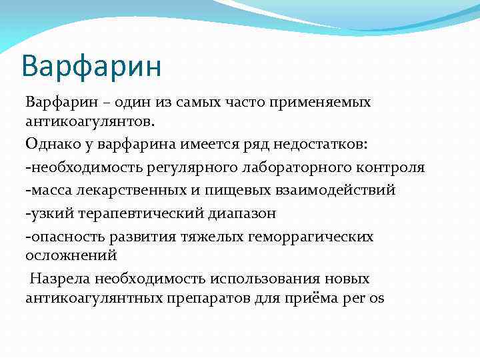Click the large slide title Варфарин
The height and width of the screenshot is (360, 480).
[x=91, y=67]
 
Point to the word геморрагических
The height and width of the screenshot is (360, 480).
[x=309, y=236]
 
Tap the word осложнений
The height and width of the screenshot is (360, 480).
[x=71, y=255]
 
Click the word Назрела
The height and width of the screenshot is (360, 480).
[x=59, y=278]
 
